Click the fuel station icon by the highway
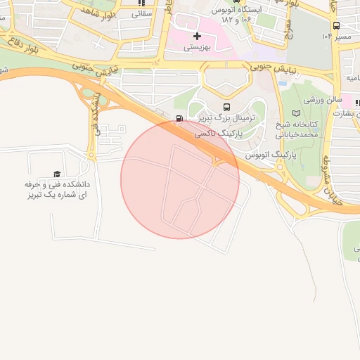(179, 118)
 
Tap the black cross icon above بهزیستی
(197, 35)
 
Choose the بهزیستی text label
(197, 48)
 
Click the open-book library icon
(295, 112)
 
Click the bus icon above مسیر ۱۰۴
(336, 25)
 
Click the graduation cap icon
(56, 174)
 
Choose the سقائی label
(141, 13)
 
